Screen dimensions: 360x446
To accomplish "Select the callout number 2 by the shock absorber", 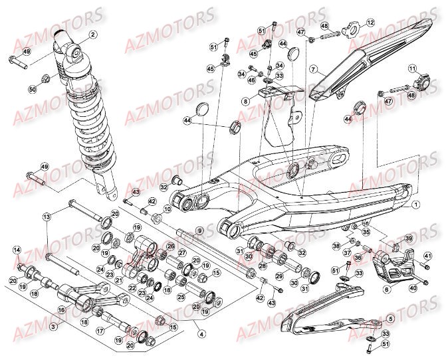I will (92, 35).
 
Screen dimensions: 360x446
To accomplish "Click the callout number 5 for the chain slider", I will (391, 319).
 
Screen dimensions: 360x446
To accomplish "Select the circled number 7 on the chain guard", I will (312, 69).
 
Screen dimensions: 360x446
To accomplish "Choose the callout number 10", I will (167, 209).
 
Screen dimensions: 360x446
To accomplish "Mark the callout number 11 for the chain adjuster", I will (412, 68).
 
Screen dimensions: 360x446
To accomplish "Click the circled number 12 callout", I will (370, 23).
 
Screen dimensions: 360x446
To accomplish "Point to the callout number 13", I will (47, 217).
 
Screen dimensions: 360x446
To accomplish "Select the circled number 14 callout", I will (17, 250).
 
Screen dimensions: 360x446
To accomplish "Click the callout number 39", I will (409, 238).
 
